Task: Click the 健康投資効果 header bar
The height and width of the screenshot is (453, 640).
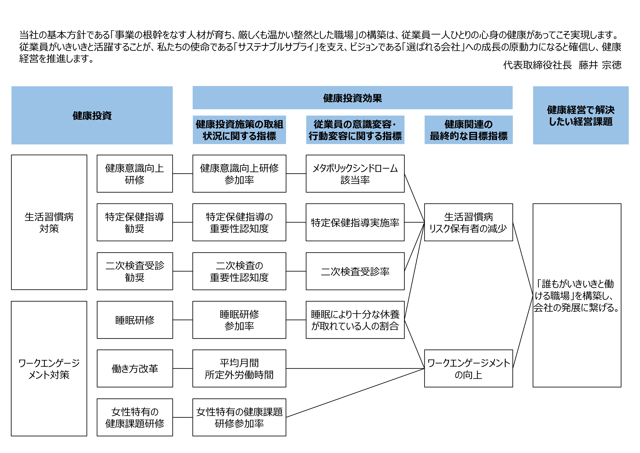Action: (x=352, y=98)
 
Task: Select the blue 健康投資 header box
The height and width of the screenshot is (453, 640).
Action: (x=92, y=115)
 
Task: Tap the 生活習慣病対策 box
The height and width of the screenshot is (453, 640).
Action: (x=49, y=222)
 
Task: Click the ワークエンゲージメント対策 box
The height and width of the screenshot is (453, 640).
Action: (x=49, y=368)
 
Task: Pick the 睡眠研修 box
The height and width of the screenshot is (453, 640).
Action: (x=135, y=320)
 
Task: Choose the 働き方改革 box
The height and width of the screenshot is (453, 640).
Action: (x=135, y=368)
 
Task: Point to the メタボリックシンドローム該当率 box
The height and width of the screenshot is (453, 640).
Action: (x=355, y=173)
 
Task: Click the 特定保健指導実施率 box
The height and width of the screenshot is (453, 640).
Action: (x=355, y=222)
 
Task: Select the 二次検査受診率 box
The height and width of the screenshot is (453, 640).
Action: (x=355, y=271)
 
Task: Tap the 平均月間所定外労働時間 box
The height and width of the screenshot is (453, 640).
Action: (x=239, y=368)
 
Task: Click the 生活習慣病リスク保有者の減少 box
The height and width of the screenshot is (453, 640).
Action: (x=468, y=222)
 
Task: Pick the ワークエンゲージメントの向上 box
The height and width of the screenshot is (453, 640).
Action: (x=468, y=368)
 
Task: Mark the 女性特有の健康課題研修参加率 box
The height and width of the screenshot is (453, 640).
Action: (x=239, y=417)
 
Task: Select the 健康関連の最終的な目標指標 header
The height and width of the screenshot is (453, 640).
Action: (x=468, y=130)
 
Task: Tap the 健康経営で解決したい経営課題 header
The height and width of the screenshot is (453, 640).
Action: (x=581, y=115)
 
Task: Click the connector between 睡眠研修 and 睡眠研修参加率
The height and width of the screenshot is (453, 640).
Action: (x=183, y=320)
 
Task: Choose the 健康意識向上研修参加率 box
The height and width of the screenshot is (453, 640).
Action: (x=239, y=173)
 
